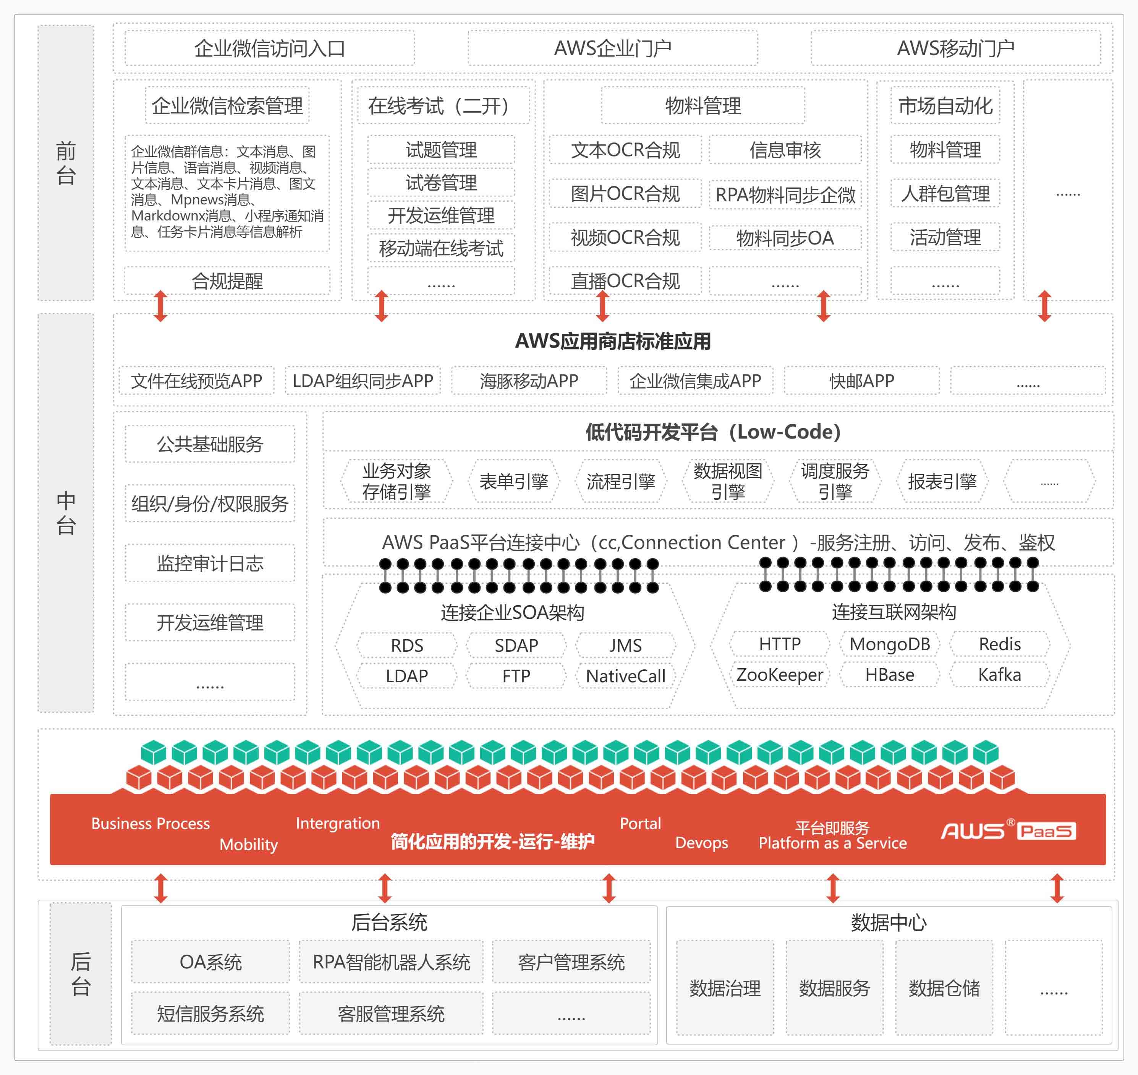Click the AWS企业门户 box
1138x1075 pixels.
coord(613,48)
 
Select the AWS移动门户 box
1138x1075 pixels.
coord(955,48)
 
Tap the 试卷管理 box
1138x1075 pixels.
coord(441,183)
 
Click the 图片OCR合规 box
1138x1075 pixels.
coord(625,194)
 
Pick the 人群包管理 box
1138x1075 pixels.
coord(945,194)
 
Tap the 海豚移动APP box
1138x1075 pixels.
coord(529,380)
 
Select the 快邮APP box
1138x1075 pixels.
coord(862,380)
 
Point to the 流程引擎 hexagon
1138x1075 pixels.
coord(620,481)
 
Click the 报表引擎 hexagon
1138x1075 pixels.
coord(942,481)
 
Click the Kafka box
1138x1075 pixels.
coord(999,675)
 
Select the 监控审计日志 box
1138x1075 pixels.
coord(210,563)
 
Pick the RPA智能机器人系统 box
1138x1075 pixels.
coord(391,962)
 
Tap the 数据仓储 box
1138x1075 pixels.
coord(944,988)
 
